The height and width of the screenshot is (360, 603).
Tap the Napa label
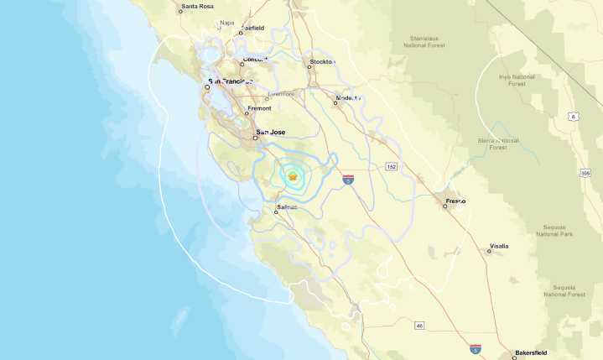tap(226, 23)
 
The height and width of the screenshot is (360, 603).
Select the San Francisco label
tap(231, 81)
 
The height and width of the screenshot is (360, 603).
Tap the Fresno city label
tap(455, 201)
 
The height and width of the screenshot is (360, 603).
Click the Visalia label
tap(498, 246)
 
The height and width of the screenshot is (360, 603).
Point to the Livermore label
tap(281, 94)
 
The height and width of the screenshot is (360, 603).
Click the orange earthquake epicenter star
tap(292, 176)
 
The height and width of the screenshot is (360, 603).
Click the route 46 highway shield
tap(419, 325)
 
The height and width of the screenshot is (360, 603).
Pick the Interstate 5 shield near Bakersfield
tap(475, 347)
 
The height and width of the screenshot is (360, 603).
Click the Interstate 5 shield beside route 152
tap(348, 179)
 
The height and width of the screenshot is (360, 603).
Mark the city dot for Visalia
tap(489, 251)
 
